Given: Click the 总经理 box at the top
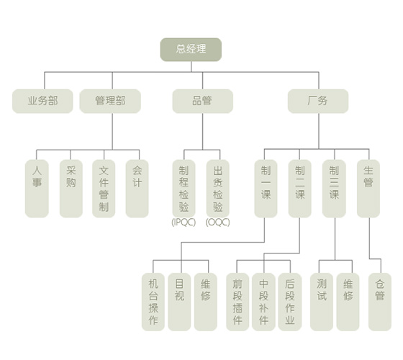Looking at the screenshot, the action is pos(191,50).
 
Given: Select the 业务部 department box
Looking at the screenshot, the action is pos(42,101).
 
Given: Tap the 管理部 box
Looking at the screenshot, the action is pos(110,101).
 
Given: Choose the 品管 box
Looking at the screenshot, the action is pos(202,101).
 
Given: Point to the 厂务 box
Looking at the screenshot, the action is pos(318,101).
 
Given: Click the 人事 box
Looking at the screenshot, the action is pos(37,189).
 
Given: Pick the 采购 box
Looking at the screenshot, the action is pos(71,189).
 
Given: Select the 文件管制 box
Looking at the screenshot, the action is pos(104,189).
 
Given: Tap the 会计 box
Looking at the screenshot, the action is pos(137,189).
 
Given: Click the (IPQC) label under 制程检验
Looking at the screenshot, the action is pos(184,222).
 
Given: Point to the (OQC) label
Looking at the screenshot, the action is pos(217,222).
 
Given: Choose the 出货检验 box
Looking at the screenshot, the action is pos(217,189).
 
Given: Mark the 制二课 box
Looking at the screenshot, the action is pos(299,189).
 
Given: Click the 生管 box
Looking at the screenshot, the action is pos(368,189).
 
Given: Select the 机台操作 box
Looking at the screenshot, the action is pos(153,302).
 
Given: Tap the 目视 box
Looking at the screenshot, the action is pos(179,302).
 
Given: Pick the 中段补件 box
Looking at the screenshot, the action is pos(263,302).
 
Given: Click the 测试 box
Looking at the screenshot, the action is pos(322,302).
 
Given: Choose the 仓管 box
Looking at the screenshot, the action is pos(380,302).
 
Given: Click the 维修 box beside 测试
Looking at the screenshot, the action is pos(348,302).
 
